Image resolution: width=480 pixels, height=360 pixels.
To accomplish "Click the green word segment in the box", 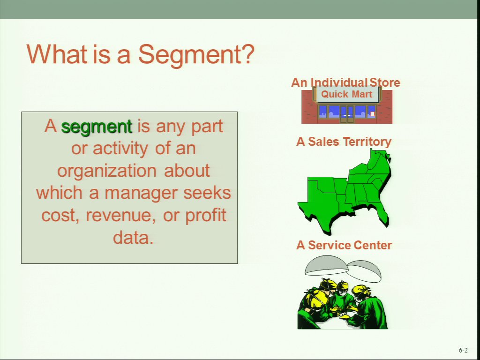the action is (97, 127).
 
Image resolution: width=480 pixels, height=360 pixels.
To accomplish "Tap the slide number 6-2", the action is (463, 350).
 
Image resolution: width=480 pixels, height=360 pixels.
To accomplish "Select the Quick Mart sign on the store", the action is (346, 94).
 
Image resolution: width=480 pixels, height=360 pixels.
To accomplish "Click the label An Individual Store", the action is (345, 82).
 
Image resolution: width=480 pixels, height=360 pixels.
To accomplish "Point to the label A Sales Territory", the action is (344, 142).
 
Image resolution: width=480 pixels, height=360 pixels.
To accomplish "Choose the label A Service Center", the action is (344, 245).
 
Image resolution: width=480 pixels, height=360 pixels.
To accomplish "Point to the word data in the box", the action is (133, 237).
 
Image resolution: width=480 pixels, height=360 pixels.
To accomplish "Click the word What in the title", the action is (57, 54).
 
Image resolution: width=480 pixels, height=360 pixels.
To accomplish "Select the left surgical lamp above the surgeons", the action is (326, 265).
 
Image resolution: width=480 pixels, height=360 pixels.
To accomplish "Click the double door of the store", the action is (347, 114).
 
